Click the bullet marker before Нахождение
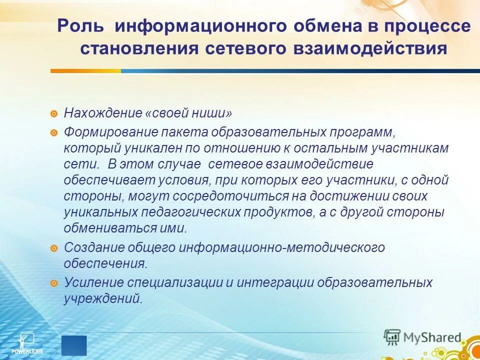[54, 113]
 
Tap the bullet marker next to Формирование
[54, 133]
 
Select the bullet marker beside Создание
[54, 247]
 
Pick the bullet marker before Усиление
[54, 283]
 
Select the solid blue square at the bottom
[74, 345]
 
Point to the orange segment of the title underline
[85, 71]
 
